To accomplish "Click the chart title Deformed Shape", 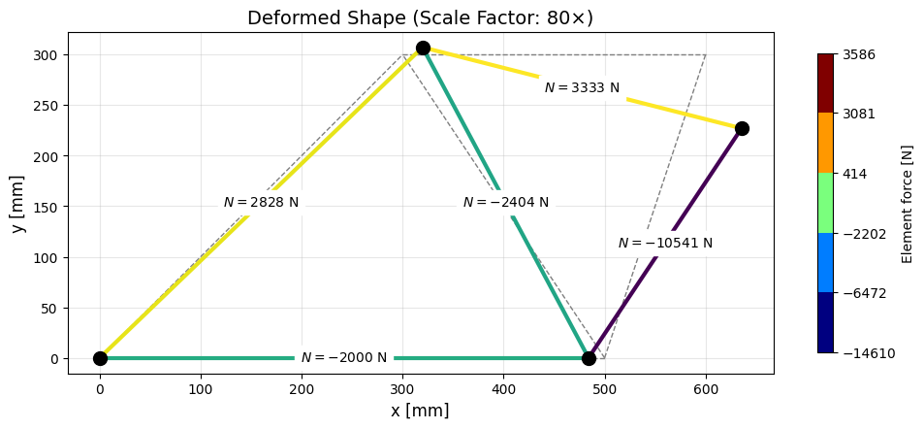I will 420,17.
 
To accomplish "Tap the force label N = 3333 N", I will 582,87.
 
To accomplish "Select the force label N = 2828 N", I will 261,202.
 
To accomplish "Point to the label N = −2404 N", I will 505,202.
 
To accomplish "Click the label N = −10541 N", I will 665,243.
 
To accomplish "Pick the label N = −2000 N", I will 343,357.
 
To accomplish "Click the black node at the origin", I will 100,358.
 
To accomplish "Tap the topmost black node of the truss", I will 423,48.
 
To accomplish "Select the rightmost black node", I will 742,128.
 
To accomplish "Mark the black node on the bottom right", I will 589,358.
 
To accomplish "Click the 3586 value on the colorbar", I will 859,54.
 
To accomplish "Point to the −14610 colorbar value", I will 868,353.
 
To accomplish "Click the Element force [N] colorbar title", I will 908,203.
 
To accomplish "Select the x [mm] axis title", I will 420,411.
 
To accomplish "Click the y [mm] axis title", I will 18,203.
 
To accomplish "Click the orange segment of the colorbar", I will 825,143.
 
